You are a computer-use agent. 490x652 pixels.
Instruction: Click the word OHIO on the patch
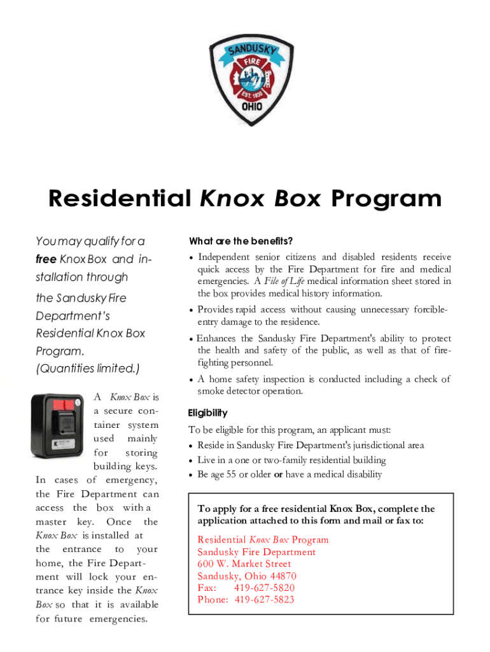click(x=246, y=107)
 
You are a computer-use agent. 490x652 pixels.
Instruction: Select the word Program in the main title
click(x=386, y=199)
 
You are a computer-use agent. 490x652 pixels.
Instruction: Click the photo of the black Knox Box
click(x=57, y=425)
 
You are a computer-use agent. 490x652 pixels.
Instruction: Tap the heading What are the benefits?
click(x=241, y=241)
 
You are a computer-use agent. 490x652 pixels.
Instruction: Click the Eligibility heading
click(x=207, y=413)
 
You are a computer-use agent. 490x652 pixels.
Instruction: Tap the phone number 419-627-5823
click(x=265, y=600)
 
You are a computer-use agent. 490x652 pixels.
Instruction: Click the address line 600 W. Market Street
click(x=244, y=563)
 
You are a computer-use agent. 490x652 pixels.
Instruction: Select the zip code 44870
click(x=283, y=576)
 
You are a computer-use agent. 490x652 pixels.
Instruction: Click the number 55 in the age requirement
click(x=240, y=474)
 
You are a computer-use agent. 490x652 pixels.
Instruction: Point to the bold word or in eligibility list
click(x=278, y=474)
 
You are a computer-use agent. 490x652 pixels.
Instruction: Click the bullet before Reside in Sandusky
click(x=192, y=446)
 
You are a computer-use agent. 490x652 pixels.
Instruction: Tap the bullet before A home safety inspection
click(x=192, y=379)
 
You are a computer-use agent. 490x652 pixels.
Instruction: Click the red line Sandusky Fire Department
click(x=256, y=552)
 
